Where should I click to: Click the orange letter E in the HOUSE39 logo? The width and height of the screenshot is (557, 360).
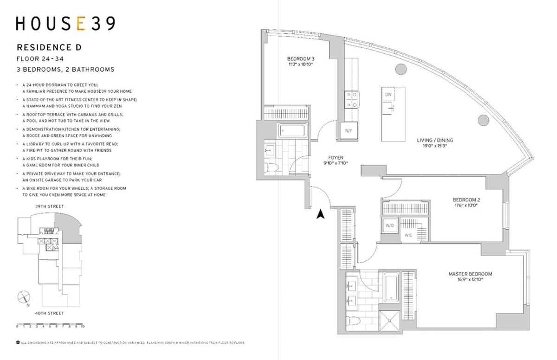[81, 24]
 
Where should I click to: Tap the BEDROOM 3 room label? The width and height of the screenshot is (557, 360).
[300, 59]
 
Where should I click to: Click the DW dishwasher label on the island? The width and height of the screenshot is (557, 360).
[388, 95]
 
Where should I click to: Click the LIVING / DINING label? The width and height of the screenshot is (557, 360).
[435, 141]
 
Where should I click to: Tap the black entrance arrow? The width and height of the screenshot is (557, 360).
[320, 214]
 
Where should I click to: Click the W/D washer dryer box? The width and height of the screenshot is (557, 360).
[389, 225]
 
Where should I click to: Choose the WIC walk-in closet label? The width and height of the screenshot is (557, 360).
[408, 235]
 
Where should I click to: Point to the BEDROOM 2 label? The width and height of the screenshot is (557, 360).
[466, 200]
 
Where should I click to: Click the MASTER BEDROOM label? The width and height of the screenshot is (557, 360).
[470, 274]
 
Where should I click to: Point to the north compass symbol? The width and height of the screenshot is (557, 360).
[24, 297]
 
